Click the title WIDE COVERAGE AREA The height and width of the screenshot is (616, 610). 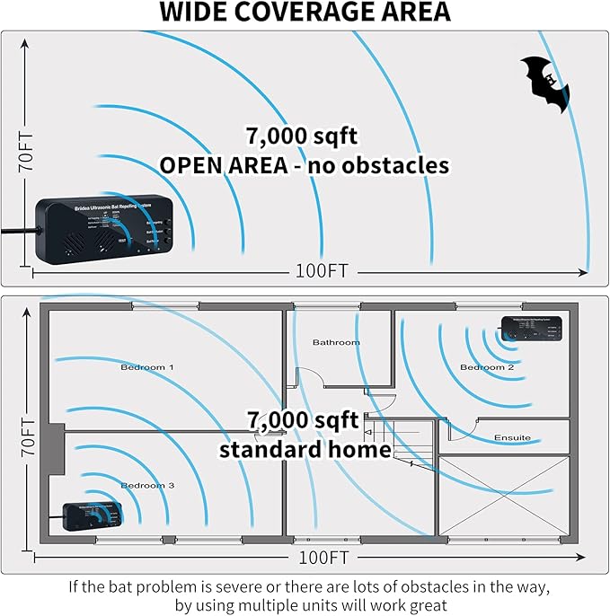pyautogui.click(x=305, y=13)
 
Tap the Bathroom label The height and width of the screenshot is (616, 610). pyautogui.click(x=336, y=342)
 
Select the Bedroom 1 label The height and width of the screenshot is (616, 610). pyautogui.click(x=147, y=367)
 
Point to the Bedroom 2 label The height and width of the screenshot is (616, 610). pyautogui.click(x=487, y=367)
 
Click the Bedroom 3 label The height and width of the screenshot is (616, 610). pyautogui.click(x=147, y=485)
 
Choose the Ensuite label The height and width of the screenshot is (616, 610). pyautogui.click(x=512, y=437)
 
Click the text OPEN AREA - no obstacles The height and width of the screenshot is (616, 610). pyautogui.click(x=304, y=165)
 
